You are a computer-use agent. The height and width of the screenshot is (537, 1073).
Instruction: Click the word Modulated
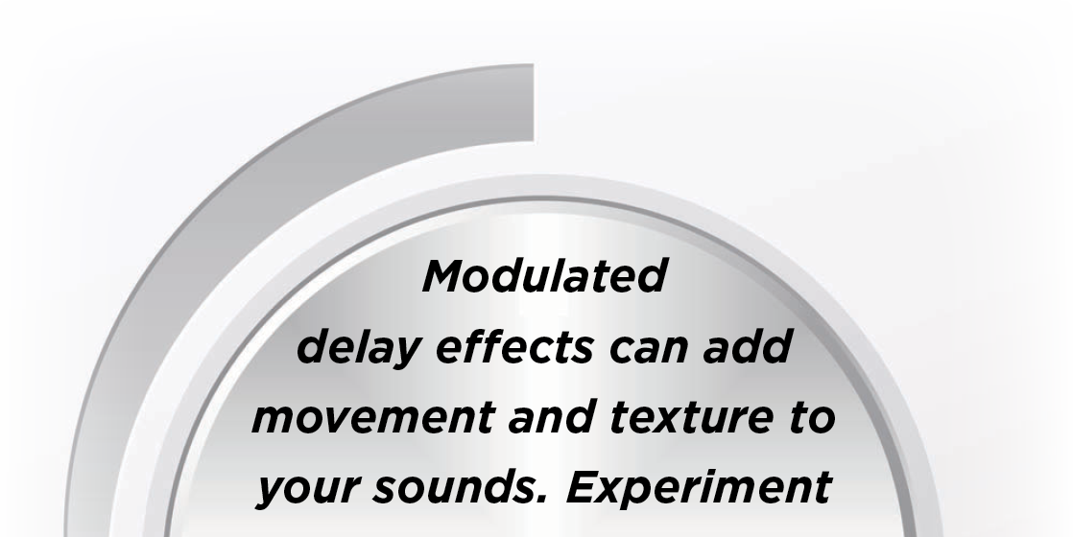click(544, 275)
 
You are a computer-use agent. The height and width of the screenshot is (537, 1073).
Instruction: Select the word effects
click(513, 346)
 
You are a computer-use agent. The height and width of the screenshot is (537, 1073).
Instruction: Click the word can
click(649, 350)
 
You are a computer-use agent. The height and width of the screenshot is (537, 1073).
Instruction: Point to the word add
click(748, 346)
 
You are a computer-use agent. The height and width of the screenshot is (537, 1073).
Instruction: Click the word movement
click(372, 417)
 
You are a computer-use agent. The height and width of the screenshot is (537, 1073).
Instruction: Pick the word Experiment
click(698, 488)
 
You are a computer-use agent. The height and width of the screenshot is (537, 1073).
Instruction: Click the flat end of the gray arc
click(533, 103)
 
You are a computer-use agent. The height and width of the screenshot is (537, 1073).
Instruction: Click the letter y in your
click(272, 494)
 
